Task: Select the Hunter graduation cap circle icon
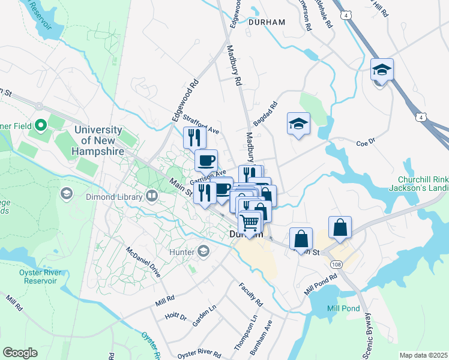pos(204,252)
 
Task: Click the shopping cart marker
pos(250,223)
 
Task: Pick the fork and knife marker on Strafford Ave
pos(194,137)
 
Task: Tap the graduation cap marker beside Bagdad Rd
pos(298,124)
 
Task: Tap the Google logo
pos(20,353)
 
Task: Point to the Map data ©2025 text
pos(423,355)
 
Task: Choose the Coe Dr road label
pos(365,143)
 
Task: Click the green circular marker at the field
pos(41,125)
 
